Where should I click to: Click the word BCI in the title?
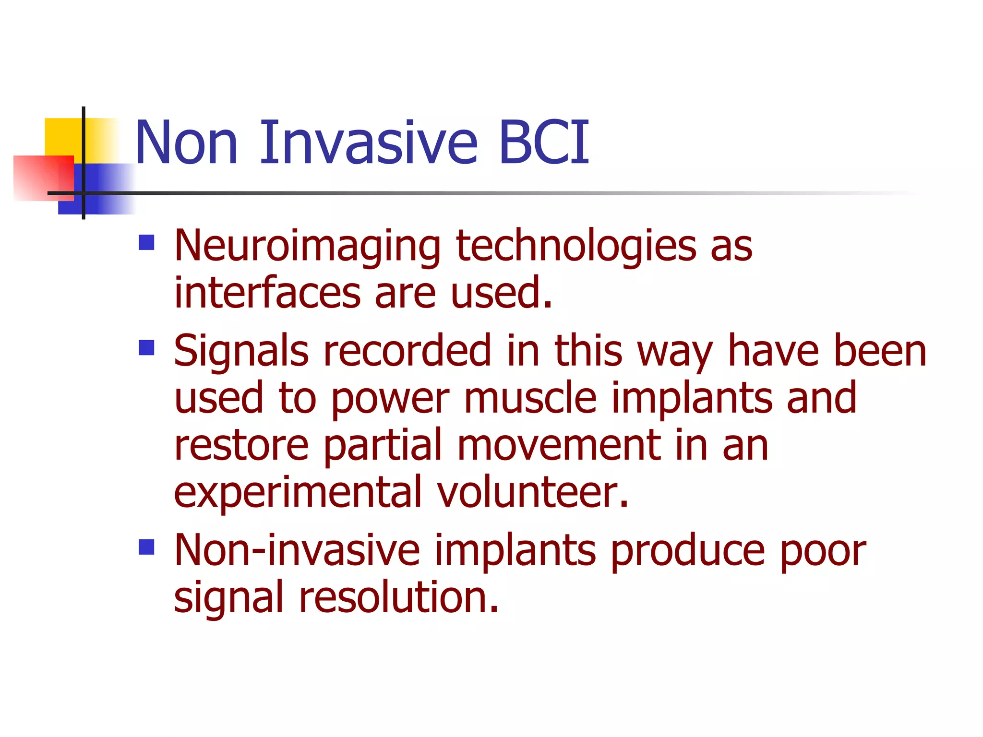point(543,143)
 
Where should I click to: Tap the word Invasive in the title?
point(369,143)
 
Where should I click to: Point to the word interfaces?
point(267,293)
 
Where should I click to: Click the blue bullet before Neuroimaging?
point(146,243)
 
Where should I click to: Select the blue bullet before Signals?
point(146,347)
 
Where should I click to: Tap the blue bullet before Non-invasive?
point(146,547)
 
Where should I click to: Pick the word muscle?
point(530,398)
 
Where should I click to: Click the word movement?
point(558,445)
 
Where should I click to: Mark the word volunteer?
point(533,492)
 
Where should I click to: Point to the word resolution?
point(398,597)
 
